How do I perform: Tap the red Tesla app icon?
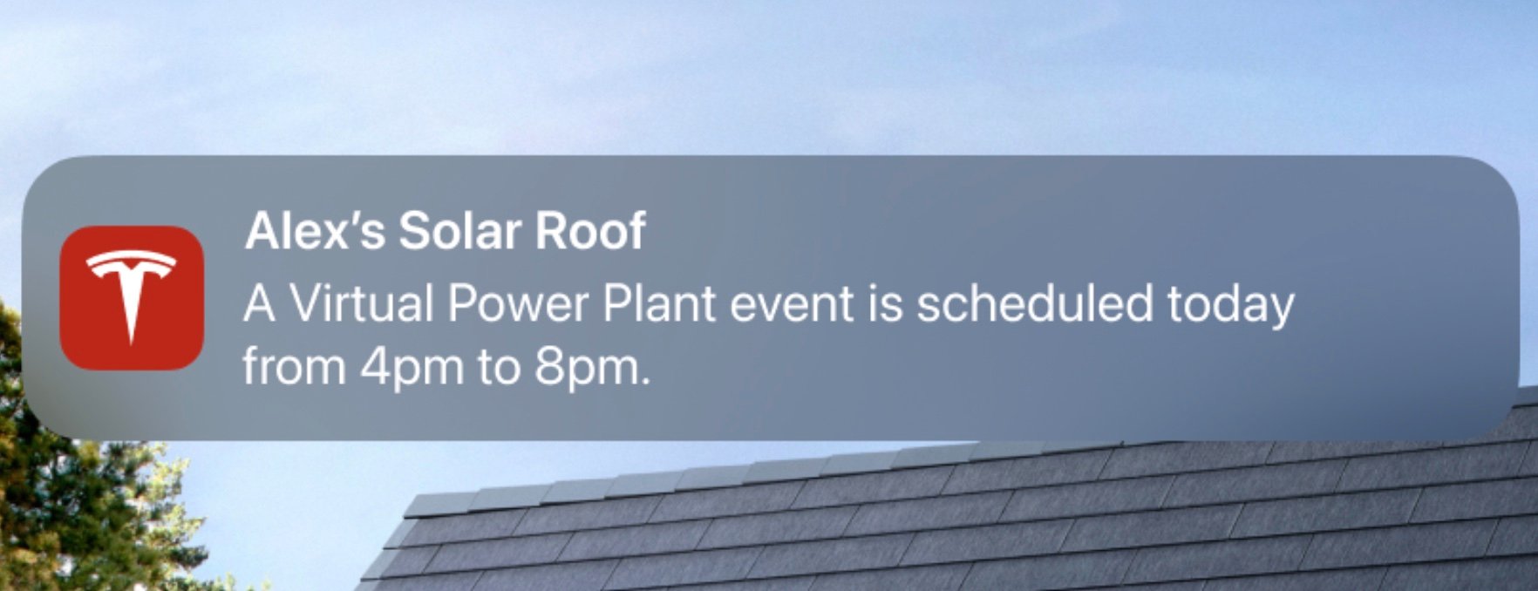132,298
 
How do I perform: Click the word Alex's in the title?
315,231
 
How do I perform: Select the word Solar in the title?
459,231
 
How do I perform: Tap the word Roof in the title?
590,231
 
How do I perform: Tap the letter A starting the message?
260,303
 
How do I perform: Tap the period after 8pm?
645,382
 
